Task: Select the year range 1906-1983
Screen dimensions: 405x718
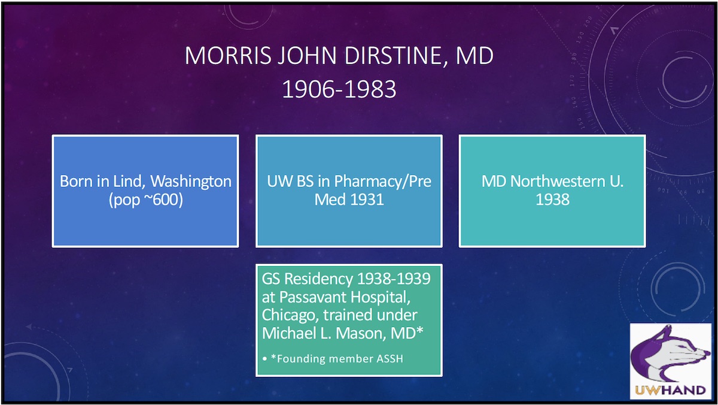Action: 339,89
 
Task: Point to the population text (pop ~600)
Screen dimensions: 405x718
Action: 145,200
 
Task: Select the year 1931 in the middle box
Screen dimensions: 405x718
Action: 365,200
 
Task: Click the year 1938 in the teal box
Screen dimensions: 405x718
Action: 552,200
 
